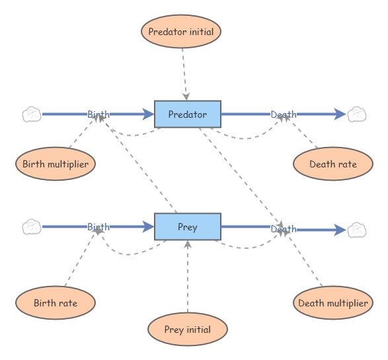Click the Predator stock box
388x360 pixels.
[187, 114]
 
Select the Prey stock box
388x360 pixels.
[187, 227]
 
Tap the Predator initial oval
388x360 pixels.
[180, 31]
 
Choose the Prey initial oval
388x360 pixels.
[188, 330]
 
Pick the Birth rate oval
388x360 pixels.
[56, 303]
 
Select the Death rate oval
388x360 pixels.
[333, 164]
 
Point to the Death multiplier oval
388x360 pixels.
[332, 303]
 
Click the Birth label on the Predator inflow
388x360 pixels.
[98, 114]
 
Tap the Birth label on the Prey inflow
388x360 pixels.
[98, 227]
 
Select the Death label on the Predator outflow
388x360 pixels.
[284, 114]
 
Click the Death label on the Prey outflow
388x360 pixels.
[284, 229]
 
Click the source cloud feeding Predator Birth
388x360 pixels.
[32, 114]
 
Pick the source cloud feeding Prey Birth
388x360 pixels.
[32, 227]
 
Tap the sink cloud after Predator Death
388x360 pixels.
[357, 114]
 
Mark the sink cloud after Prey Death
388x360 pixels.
[357, 230]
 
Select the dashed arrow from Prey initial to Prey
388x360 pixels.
[188, 278]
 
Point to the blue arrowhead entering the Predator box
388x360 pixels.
[148, 114]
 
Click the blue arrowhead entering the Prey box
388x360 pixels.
[148, 227]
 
